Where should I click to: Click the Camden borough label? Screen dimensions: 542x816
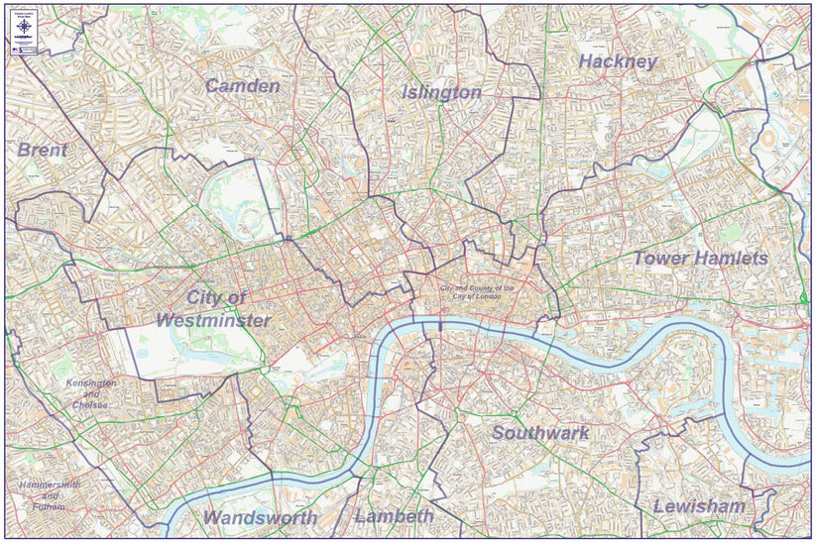tap(242, 86)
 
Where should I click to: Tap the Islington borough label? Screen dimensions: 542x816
tap(441, 92)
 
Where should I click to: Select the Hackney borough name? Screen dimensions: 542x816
tap(618, 61)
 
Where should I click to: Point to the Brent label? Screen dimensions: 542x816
tap(42, 150)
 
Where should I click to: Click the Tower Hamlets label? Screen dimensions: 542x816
tap(700, 258)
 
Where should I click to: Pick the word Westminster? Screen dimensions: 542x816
tap(212, 321)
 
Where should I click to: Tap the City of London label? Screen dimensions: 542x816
tap(477, 292)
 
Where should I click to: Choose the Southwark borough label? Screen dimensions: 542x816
tap(540, 433)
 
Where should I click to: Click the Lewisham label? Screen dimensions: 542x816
tap(699, 506)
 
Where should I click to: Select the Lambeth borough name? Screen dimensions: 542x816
tap(394, 516)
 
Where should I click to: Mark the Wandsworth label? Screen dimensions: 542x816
tap(260, 517)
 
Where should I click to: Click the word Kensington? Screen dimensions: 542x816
tap(91, 382)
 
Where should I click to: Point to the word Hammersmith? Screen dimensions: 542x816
tap(50, 485)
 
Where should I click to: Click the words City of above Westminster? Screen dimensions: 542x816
tap(215, 297)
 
